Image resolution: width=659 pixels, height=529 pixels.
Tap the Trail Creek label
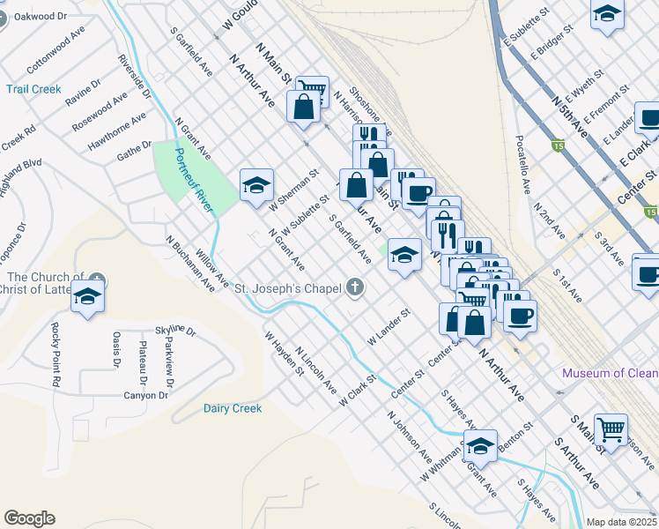click(33, 89)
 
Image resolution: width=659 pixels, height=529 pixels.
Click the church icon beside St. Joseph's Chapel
click(356, 287)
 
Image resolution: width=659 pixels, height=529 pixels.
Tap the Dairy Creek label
click(233, 408)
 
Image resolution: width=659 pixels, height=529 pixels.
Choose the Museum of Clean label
click(610, 373)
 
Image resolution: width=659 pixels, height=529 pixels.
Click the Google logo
click(29, 518)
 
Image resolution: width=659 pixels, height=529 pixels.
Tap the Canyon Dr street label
click(145, 395)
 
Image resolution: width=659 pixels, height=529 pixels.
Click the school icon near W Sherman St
click(255, 185)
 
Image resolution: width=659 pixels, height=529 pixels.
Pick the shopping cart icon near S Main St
click(611, 429)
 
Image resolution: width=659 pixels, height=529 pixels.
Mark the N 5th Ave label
click(569, 115)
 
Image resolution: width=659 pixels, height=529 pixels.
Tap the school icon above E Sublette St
click(607, 13)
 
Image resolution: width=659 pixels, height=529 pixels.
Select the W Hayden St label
click(284, 353)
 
